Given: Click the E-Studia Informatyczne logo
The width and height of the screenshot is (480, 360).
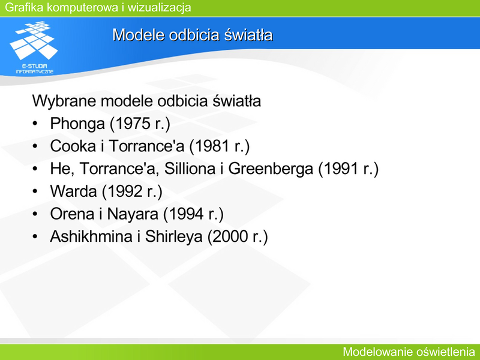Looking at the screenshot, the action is pyautogui.click(x=34, y=47).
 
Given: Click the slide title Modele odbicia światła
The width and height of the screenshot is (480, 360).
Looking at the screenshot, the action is pyautogui.click(x=192, y=35).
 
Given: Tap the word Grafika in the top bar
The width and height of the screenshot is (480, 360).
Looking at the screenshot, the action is pyautogui.click(x=24, y=7).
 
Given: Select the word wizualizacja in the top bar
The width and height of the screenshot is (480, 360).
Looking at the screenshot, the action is pyautogui.click(x=159, y=7).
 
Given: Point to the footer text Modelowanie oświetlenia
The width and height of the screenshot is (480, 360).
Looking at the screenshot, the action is pyautogui.click(x=409, y=352).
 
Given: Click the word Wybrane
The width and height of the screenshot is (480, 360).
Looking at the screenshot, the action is pyautogui.click(x=64, y=101).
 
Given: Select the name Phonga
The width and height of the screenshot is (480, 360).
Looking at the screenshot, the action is pyautogui.click(x=77, y=124).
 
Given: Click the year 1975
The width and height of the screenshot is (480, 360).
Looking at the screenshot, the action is pyautogui.click(x=133, y=124).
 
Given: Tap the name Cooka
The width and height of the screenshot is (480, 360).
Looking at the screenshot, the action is pyautogui.click(x=73, y=146).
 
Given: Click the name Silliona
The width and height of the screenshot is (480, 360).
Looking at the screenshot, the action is pyautogui.click(x=190, y=169).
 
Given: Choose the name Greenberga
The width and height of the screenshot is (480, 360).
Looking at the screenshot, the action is pyautogui.click(x=271, y=169).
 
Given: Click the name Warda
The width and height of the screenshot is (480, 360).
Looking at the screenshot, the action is pyautogui.click(x=73, y=191).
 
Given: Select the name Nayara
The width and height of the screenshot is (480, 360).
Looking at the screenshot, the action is pyautogui.click(x=133, y=214).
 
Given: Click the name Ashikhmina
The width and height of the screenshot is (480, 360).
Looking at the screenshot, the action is pyautogui.click(x=91, y=236).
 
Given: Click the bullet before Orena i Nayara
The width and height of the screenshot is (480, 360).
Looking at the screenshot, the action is pyautogui.click(x=35, y=214).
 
